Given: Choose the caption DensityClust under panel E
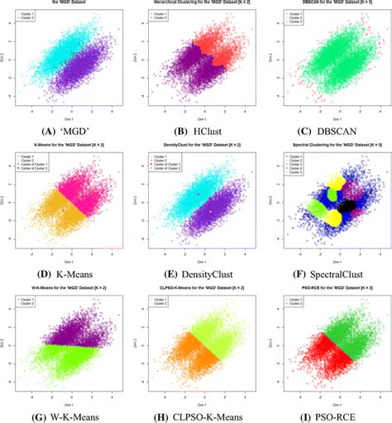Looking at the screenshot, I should pos(208,270).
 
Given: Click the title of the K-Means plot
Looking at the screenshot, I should pos(66,145).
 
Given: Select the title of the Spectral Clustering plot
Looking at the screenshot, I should pos(327,145).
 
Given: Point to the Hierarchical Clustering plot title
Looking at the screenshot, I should pos(197,5).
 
